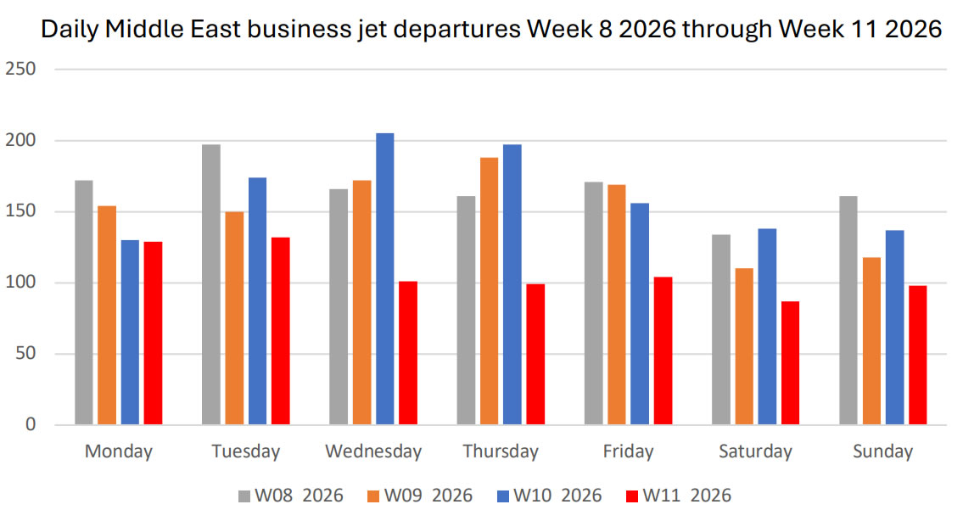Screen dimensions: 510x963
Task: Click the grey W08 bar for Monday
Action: (x=83, y=302)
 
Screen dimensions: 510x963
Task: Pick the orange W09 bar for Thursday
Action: (x=489, y=291)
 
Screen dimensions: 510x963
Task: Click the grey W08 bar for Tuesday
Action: (x=211, y=284)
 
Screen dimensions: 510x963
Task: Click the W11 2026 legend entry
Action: (x=677, y=495)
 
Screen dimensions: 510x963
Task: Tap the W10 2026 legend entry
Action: (x=548, y=495)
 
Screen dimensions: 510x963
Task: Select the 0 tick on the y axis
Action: (x=30, y=424)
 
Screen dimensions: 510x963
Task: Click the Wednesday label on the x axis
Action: (x=373, y=451)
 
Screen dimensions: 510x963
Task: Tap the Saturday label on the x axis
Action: (x=755, y=451)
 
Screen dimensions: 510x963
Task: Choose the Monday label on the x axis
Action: (x=119, y=451)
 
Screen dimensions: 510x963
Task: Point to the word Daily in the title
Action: (x=67, y=30)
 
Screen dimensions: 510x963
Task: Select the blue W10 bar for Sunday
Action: (x=894, y=328)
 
